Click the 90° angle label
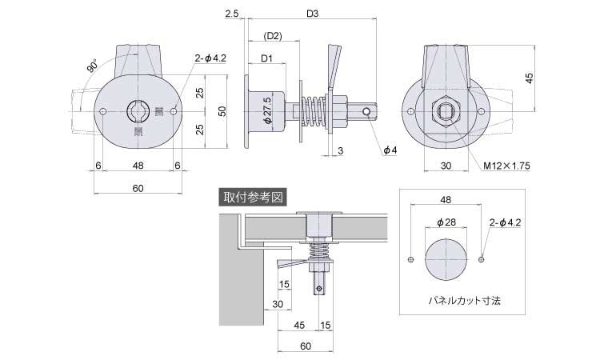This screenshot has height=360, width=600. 90,67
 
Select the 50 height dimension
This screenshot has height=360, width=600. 223,111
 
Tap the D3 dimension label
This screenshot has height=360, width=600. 312,14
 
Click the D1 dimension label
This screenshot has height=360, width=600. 267,58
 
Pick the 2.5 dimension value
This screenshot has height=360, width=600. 232,14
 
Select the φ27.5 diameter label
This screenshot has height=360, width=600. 267,112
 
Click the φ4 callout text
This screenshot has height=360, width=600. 390,150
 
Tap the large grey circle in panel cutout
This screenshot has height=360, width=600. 446,258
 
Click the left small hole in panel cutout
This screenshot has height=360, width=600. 411,258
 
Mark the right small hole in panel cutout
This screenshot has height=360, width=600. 480,258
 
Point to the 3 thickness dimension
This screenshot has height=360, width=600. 340,150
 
